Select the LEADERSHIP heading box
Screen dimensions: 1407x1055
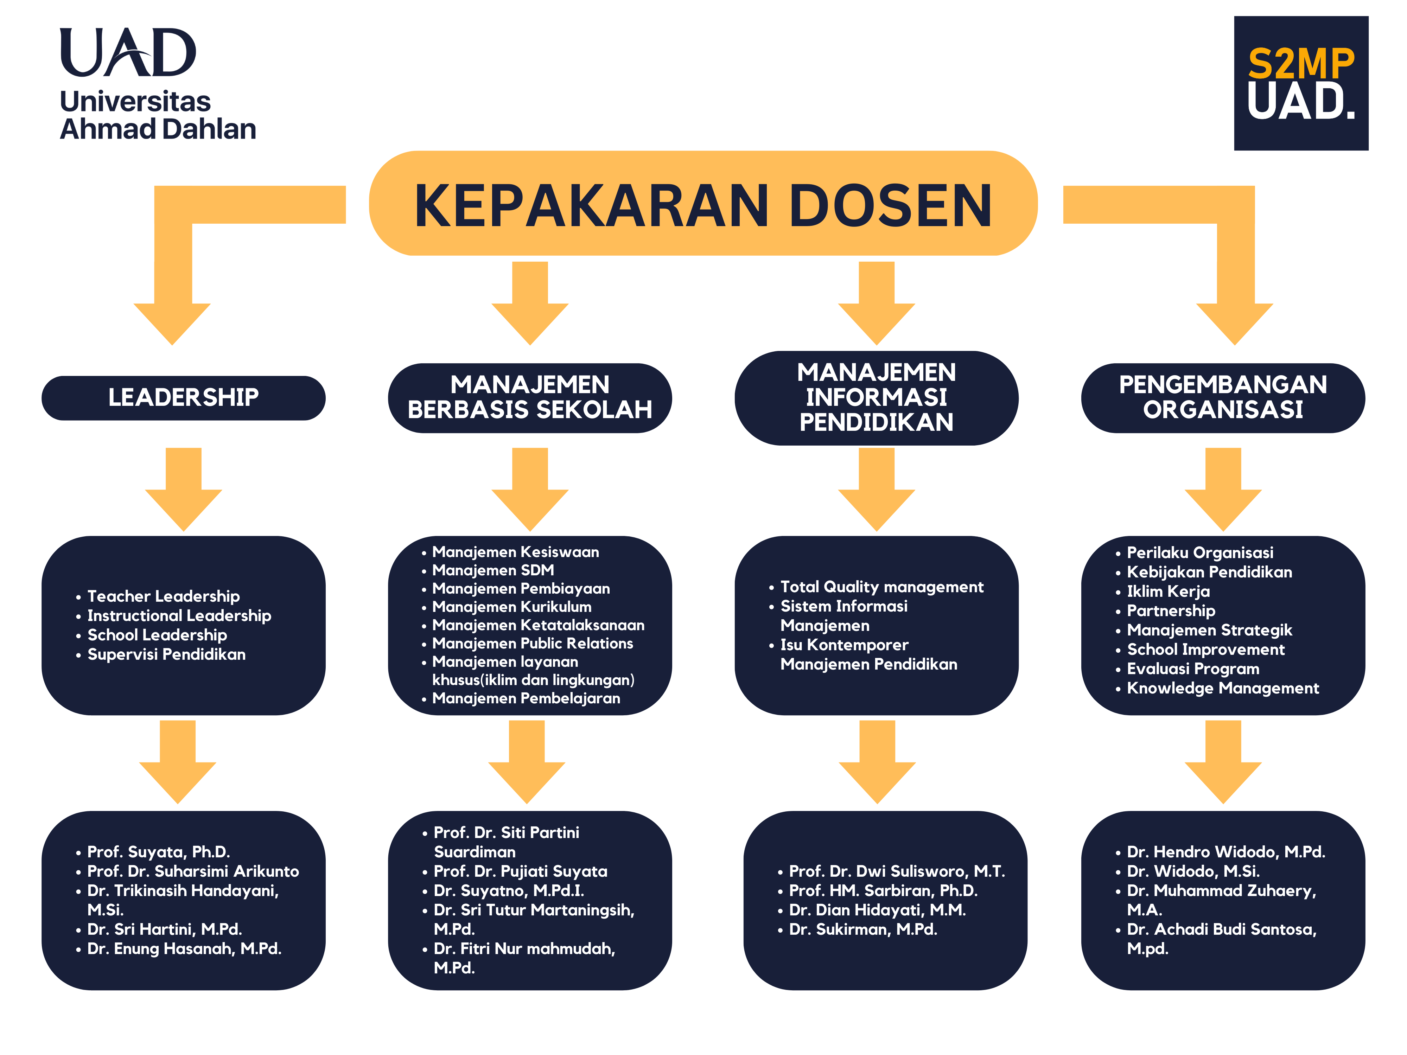183,397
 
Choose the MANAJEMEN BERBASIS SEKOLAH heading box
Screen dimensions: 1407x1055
530,397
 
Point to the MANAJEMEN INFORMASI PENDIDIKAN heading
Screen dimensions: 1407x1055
877,397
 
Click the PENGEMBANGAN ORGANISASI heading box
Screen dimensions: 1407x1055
1223,397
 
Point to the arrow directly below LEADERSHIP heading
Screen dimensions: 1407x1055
183,489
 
